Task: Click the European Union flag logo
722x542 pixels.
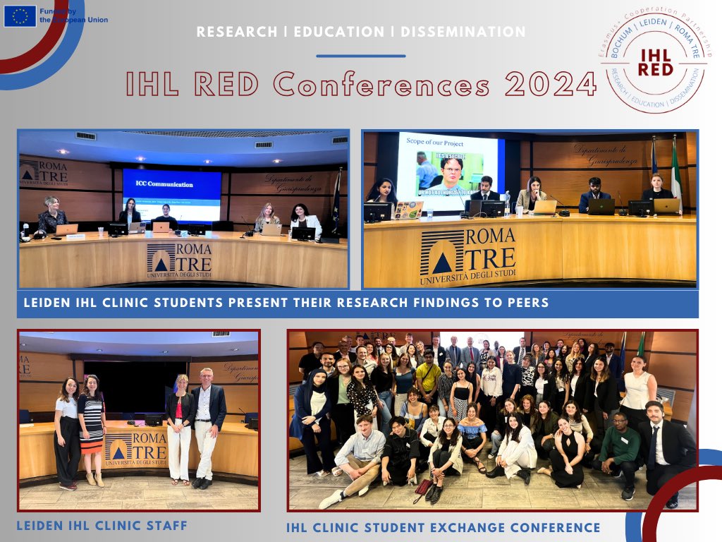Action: point(20,16)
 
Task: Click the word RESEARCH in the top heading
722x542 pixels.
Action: point(237,32)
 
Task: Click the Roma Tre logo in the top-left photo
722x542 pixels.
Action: point(179,260)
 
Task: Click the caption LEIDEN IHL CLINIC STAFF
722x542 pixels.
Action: point(103,526)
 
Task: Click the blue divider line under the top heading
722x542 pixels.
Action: point(360,56)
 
